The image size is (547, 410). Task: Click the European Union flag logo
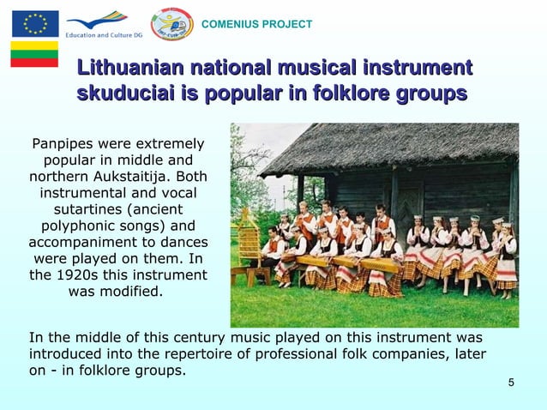(x=34, y=23)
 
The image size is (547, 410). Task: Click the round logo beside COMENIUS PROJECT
(x=171, y=23)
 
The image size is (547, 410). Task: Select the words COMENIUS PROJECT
(x=256, y=24)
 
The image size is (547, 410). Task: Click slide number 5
(x=511, y=382)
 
